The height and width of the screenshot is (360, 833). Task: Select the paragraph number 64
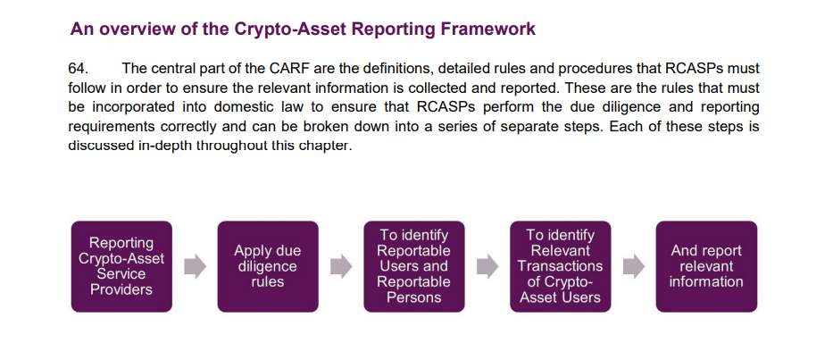79,69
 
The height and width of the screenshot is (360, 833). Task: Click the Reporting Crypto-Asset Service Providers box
121,266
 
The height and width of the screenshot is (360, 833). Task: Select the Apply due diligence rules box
268,266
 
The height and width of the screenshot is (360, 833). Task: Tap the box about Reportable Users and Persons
413,266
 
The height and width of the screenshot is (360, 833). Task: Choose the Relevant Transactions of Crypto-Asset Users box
560,266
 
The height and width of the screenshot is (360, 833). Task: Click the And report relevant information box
706,266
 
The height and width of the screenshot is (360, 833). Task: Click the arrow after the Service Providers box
195,266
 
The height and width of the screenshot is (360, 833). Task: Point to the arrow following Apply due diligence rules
341,266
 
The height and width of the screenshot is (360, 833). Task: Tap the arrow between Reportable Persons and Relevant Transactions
487,266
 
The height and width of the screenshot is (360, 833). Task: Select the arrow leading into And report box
633,266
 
